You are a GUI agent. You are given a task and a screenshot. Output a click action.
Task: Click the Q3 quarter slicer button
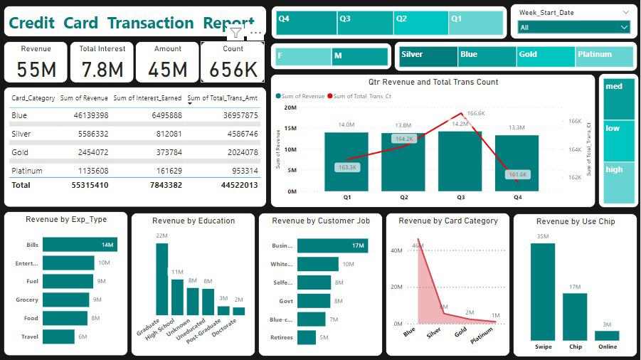366,23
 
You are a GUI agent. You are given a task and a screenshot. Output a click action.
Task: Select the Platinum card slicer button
603,56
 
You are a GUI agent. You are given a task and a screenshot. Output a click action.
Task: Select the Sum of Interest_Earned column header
147,98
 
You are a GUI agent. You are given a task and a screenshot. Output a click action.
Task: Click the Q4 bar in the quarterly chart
517,163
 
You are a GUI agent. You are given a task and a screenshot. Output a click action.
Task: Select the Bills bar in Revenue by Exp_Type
80,245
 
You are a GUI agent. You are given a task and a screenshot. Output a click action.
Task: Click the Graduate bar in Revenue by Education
162,279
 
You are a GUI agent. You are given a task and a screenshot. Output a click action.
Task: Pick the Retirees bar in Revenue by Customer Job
307,337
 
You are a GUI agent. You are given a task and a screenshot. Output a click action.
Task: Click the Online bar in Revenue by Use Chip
607,335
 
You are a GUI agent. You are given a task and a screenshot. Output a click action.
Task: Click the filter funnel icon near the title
235,33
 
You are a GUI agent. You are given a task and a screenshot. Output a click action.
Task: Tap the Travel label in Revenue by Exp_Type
29,337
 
